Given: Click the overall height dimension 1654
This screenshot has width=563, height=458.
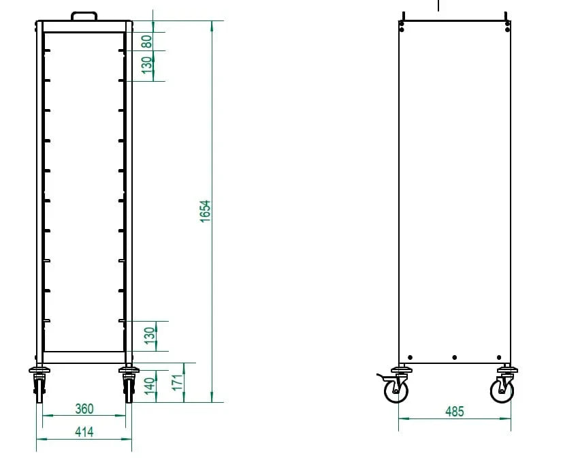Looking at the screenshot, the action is pos(205,211).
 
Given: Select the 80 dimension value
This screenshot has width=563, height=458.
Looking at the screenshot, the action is pos(147,41).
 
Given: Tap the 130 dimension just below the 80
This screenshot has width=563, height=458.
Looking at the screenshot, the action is pos(147,65).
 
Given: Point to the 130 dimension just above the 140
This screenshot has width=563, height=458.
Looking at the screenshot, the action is pos(150,336).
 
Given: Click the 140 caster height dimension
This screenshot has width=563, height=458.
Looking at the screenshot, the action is pos(150,386).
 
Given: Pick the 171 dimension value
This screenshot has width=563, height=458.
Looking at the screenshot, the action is pos(177,382).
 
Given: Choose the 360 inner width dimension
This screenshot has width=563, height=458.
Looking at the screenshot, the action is pos(84,409).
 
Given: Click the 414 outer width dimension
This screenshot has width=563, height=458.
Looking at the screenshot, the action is pos(84,431).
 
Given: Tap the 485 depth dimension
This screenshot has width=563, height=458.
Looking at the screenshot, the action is pos(455,411).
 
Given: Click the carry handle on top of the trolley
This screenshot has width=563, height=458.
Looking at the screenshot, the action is pos(84,14).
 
